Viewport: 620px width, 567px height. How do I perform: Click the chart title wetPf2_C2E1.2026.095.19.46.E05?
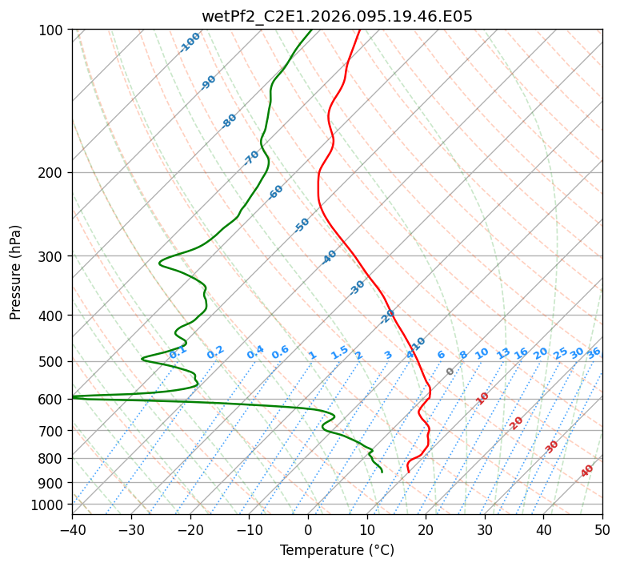(337, 16)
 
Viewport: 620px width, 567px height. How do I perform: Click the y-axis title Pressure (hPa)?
(16, 271)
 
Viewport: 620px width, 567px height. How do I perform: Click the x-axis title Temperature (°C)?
(337, 550)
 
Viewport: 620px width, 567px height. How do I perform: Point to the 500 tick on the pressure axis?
(53, 361)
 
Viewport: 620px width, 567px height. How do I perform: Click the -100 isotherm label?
(190, 42)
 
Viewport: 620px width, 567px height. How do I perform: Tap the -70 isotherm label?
(251, 158)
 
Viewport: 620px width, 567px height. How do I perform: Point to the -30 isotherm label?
(357, 288)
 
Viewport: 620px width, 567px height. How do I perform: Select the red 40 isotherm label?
(587, 471)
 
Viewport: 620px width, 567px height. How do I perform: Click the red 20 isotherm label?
(517, 422)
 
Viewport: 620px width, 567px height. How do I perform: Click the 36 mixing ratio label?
(593, 352)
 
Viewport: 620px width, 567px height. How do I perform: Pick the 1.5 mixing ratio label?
(339, 352)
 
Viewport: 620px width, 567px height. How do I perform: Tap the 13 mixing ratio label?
(503, 353)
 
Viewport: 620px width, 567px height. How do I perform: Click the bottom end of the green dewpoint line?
(382, 472)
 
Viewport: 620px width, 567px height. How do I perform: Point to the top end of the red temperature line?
(359, 30)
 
